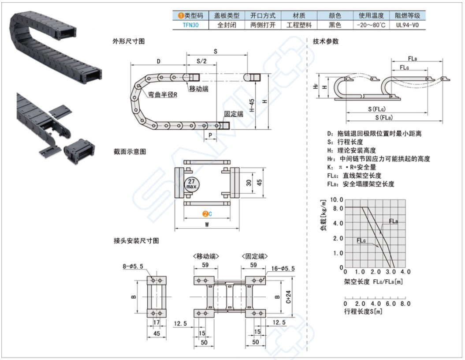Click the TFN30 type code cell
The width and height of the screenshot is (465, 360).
coord(191,25)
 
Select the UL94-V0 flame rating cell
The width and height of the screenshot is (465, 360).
coord(407,25)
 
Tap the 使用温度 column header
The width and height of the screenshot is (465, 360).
coord(371,15)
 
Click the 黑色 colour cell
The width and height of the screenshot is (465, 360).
coord(335,25)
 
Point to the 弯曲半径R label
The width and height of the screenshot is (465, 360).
coord(163,95)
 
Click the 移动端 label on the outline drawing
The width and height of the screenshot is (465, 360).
coord(199,88)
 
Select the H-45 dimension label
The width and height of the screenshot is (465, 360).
coord(252,105)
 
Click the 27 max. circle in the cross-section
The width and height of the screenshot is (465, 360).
coord(192,184)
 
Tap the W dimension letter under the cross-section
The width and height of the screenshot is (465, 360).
coord(207,225)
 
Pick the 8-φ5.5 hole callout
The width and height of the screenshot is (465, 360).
coord(133,266)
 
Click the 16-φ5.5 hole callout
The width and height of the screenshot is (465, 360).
coord(283,269)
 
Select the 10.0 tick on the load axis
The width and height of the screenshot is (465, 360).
coord(336,199)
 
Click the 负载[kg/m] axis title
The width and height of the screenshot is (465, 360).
coord(324,215)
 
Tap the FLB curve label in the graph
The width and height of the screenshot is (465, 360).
coord(393,221)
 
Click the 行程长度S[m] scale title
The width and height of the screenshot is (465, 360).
coord(363,311)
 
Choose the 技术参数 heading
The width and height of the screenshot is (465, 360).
coord(326,41)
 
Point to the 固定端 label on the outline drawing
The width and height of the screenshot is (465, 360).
coord(234,114)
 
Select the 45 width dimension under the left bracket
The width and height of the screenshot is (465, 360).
coord(156,334)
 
